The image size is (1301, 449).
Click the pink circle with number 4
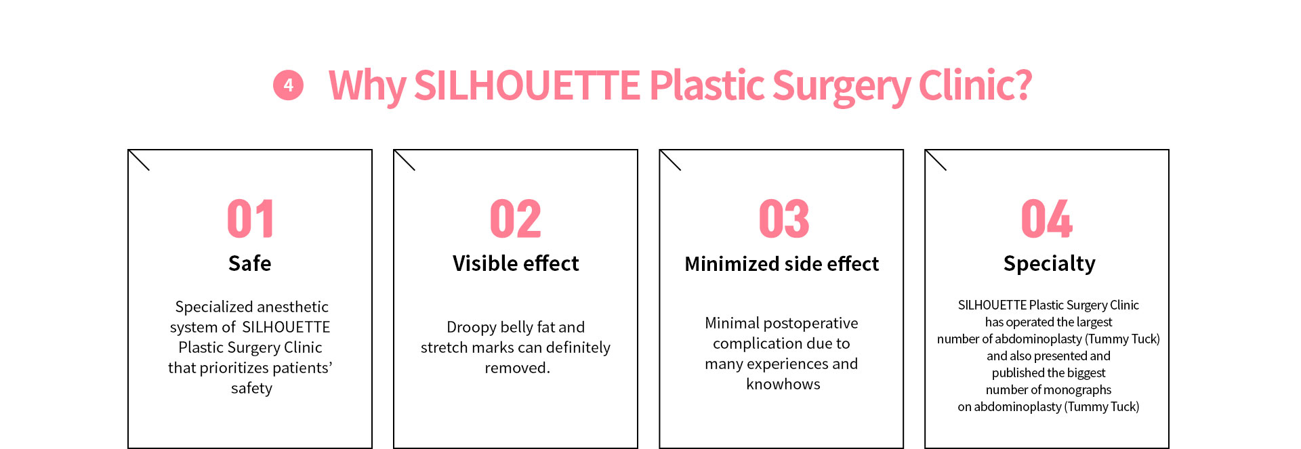[x=288, y=85]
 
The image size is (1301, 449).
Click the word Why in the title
[x=367, y=86]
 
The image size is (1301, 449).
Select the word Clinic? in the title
[x=975, y=85]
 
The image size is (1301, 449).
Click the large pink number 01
[x=250, y=219]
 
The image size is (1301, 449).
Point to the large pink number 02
[x=516, y=219]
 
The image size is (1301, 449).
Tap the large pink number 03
[x=784, y=219]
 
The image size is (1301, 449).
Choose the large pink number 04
[x=1047, y=219]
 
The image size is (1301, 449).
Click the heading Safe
[x=250, y=263]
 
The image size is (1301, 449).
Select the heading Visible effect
[x=516, y=263]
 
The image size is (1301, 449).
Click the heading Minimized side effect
[x=782, y=263]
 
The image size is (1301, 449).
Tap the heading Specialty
[x=1050, y=264]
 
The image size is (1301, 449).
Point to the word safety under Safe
[x=251, y=389]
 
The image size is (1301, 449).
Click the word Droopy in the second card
[x=472, y=328]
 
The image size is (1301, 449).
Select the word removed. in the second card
[x=518, y=368]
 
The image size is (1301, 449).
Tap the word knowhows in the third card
[x=783, y=384]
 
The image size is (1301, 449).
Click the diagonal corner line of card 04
[x=936, y=160]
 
